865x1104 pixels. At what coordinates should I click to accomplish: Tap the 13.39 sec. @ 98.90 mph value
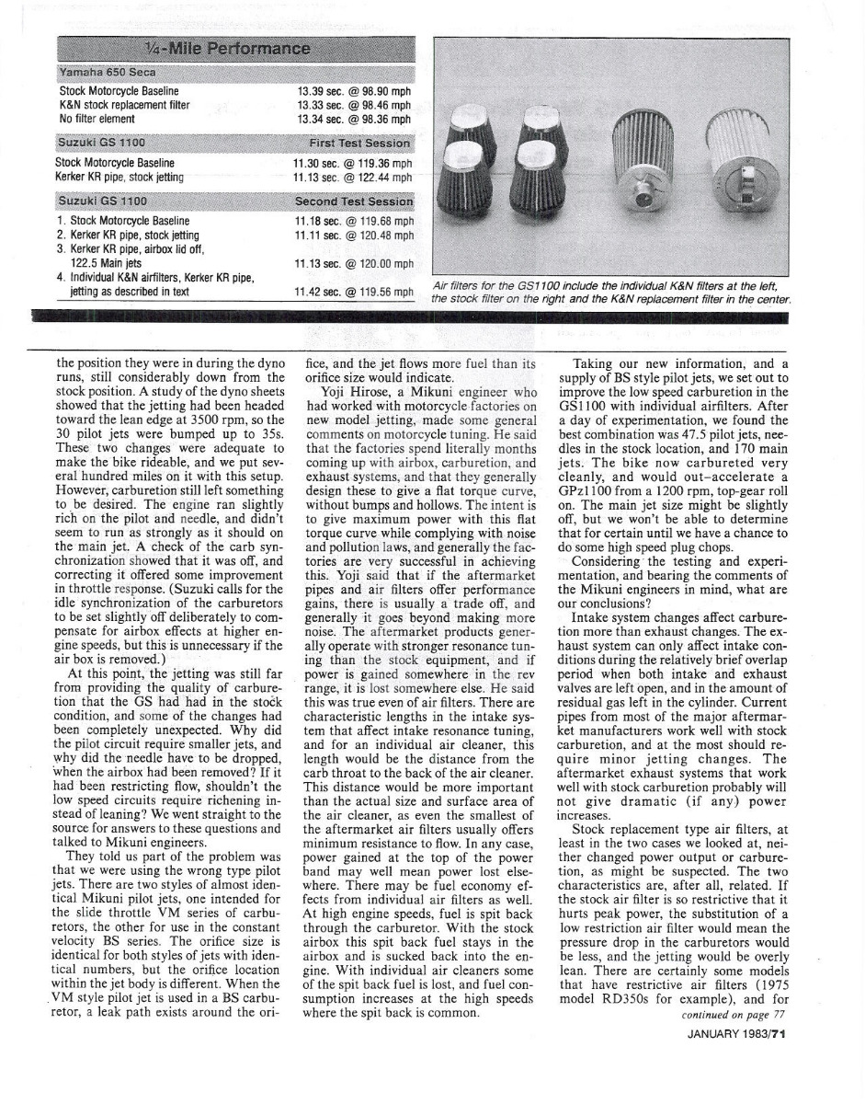tap(354, 91)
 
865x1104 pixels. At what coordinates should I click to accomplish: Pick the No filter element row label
tap(98, 118)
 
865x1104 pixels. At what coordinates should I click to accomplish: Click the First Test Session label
tap(359, 144)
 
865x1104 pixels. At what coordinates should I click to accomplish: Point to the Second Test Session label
tap(354, 201)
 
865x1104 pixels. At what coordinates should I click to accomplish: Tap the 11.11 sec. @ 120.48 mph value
tap(354, 235)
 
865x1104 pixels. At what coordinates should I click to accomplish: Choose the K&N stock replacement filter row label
tap(124, 105)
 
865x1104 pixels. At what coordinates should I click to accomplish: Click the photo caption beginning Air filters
tap(611, 293)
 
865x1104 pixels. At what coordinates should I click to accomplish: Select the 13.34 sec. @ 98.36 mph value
tap(354, 118)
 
